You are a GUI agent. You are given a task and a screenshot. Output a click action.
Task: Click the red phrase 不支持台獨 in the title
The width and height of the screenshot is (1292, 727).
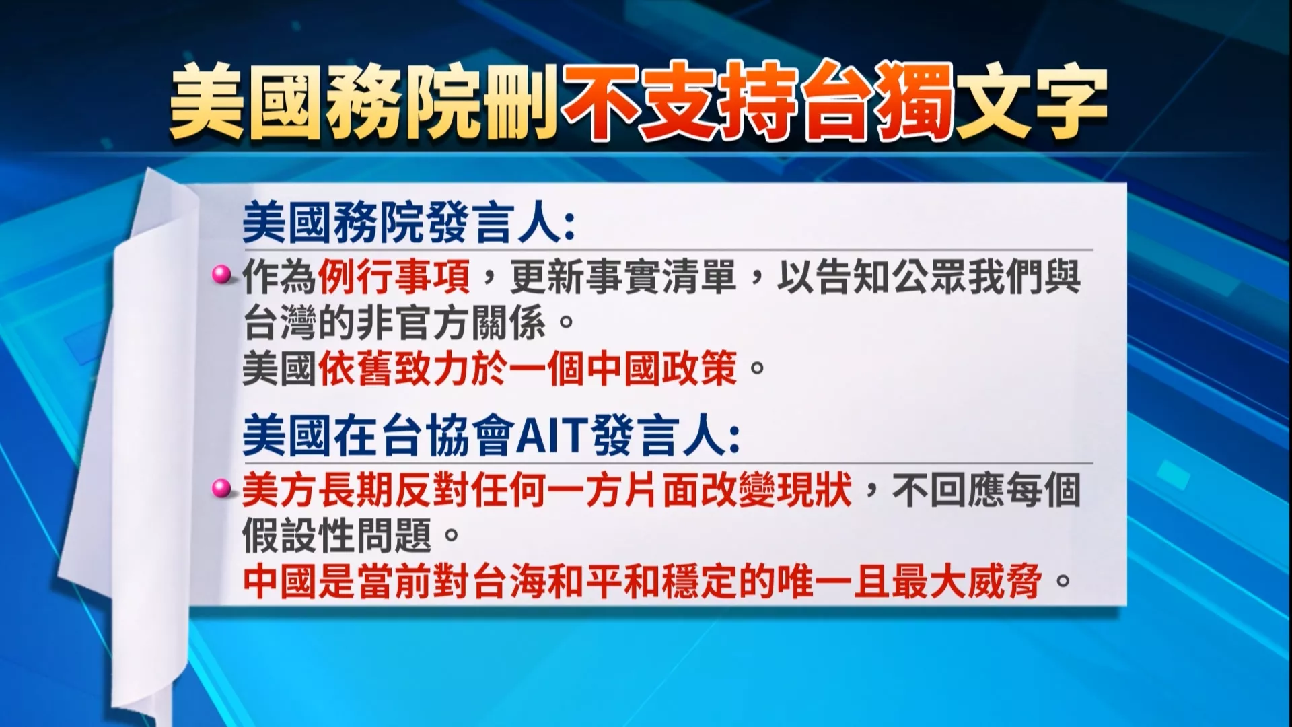(x=757, y=101)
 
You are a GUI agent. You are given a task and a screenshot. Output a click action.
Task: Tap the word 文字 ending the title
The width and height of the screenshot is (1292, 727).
(x=1030, y=101)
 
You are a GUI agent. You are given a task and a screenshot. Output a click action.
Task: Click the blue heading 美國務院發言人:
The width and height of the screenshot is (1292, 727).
(x=409, y=223)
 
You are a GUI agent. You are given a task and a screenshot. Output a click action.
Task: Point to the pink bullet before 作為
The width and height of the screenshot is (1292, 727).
(x=219, y=274)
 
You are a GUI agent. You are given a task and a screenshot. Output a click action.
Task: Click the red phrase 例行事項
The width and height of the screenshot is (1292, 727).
(x=394, y=276)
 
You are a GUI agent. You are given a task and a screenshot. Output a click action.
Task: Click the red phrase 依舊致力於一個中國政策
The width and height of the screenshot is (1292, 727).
(x=528, y=368)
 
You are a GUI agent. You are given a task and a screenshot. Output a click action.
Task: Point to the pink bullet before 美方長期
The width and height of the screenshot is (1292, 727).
(x=219, y=488)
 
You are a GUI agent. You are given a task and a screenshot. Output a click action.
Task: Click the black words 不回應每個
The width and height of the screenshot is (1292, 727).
(x=986, y=489)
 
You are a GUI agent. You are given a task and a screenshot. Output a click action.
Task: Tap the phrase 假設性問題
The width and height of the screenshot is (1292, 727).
(x=337, y=536)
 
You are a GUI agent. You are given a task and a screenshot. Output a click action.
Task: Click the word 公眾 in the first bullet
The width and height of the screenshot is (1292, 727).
(x=929, y=276)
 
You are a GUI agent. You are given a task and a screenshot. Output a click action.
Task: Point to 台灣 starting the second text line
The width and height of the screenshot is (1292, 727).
(x=279, y=323)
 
